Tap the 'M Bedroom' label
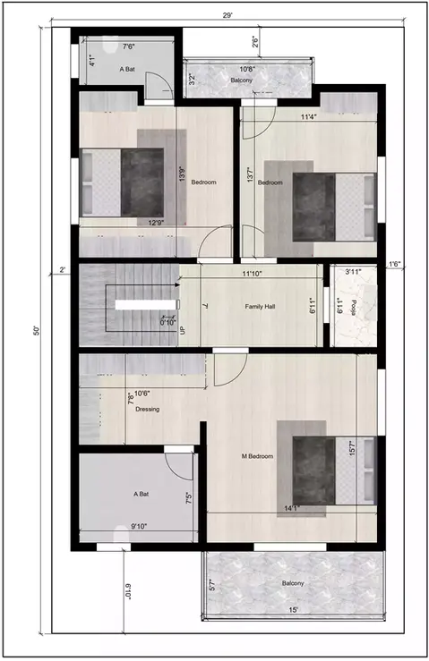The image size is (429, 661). click(x=257, y=456)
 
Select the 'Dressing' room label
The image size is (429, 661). click(x=147, y=409)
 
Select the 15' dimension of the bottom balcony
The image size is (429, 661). click(x=295, y=611)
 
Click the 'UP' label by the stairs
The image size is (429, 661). click(x=184, y=330)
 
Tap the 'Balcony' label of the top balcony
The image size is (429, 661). click(x=242, y=81)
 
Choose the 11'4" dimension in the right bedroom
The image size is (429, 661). click(x=309, y=116)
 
